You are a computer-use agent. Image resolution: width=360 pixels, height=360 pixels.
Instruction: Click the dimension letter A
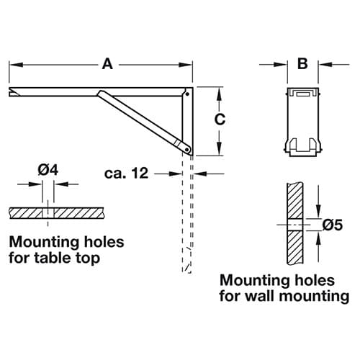(107, 64)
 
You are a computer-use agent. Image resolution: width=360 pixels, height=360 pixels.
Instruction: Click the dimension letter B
(302, 64)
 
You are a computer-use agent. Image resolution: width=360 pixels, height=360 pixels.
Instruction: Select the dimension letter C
(220, 120)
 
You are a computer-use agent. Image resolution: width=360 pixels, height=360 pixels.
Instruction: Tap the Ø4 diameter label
(48, 170)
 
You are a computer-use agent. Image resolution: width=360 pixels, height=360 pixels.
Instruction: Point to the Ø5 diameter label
(333, 225)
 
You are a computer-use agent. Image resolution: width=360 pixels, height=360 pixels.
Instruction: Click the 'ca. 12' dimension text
(127, 173)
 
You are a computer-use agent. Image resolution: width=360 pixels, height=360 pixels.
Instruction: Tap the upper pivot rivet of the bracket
(187, 94)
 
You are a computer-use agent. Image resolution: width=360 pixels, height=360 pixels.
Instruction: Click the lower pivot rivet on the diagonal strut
(186, 149)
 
